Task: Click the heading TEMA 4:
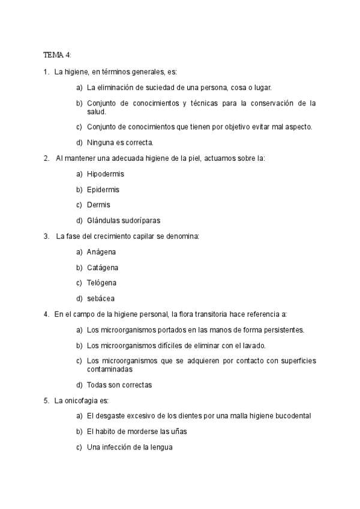tap(57, 55)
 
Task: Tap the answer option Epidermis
tap(103, 190)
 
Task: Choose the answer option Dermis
tap(98, 205)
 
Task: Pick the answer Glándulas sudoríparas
tap(124, 220)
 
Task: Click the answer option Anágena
tap(101, 252)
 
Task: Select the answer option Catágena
tap(103, 268)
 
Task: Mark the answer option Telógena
tap(102, 283)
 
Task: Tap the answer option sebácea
tap(101, 298)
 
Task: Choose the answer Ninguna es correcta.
tap(121, 143)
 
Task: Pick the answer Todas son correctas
tap(119, 385)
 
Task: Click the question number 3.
tap(46, 236)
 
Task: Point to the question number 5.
tap(46, 400)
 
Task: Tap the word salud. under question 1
tap(97, 112)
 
